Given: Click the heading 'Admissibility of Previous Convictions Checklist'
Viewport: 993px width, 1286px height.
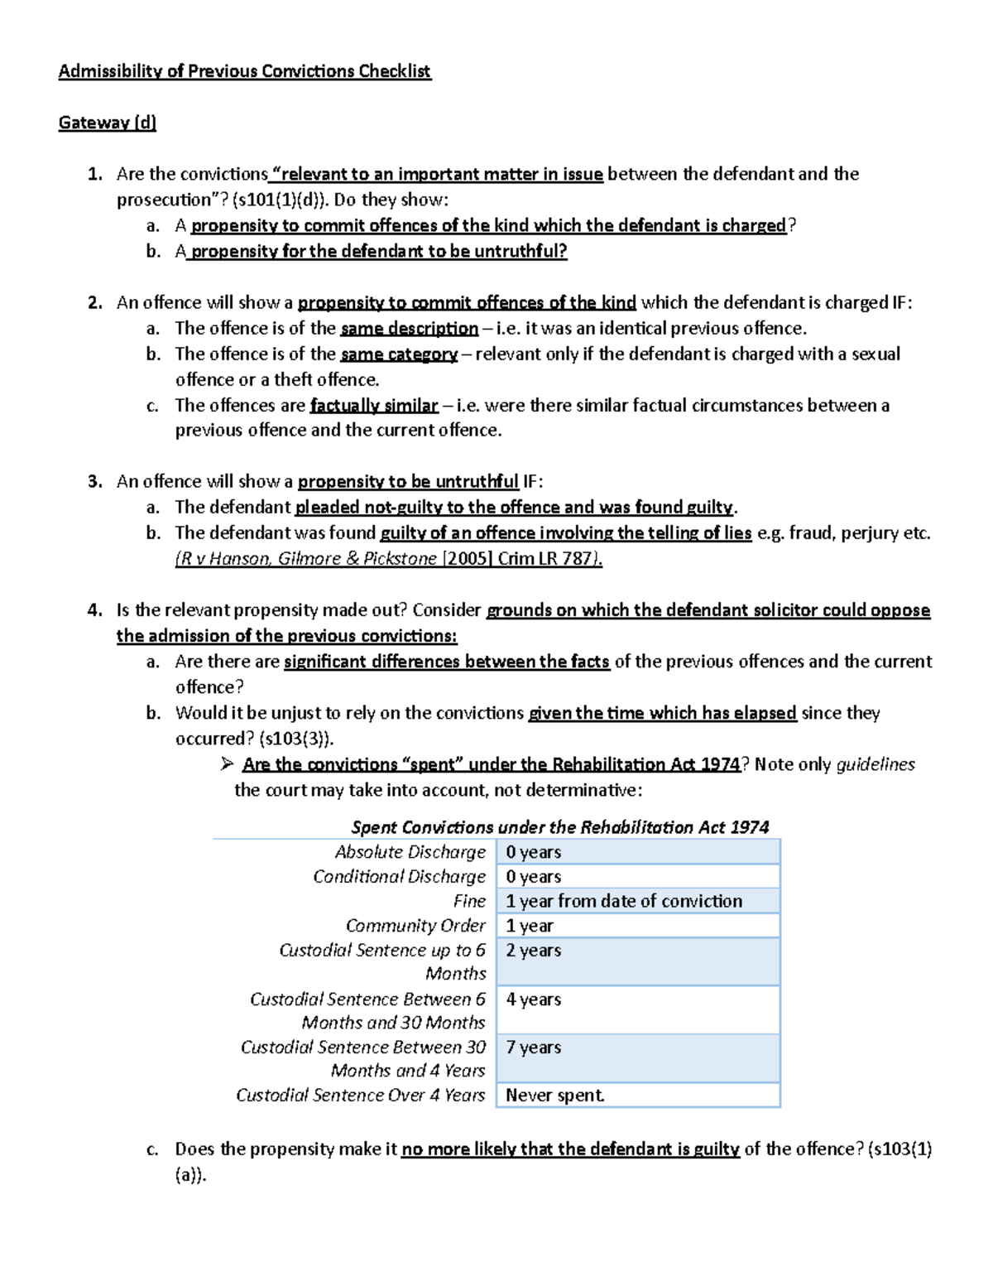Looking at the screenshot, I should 244,71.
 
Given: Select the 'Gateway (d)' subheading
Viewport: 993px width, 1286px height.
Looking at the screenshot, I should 107,123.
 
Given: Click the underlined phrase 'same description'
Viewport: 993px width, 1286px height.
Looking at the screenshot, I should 409,329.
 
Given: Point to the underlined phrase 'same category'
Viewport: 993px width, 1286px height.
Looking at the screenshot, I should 399,354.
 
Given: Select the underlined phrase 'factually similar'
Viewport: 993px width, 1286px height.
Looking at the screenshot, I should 373,406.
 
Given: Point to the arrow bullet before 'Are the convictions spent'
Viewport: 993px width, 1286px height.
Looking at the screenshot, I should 228,764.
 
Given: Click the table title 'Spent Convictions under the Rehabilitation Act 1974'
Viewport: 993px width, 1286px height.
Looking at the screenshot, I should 560,827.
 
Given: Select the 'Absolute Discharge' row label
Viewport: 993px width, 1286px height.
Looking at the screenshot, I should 410,852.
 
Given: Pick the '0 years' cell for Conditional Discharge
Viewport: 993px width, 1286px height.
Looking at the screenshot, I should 534,876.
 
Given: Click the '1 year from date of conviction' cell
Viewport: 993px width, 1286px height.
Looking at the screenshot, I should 624,901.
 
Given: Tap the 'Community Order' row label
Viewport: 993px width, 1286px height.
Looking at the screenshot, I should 415,926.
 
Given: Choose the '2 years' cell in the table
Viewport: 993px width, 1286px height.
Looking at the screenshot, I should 534,951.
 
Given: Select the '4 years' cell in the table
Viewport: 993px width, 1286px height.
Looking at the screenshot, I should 534,999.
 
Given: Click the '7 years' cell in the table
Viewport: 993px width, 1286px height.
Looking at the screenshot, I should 534,1048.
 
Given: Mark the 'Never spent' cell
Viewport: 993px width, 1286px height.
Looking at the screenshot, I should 555,1096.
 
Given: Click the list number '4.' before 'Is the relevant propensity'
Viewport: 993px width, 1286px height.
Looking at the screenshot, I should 94,610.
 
